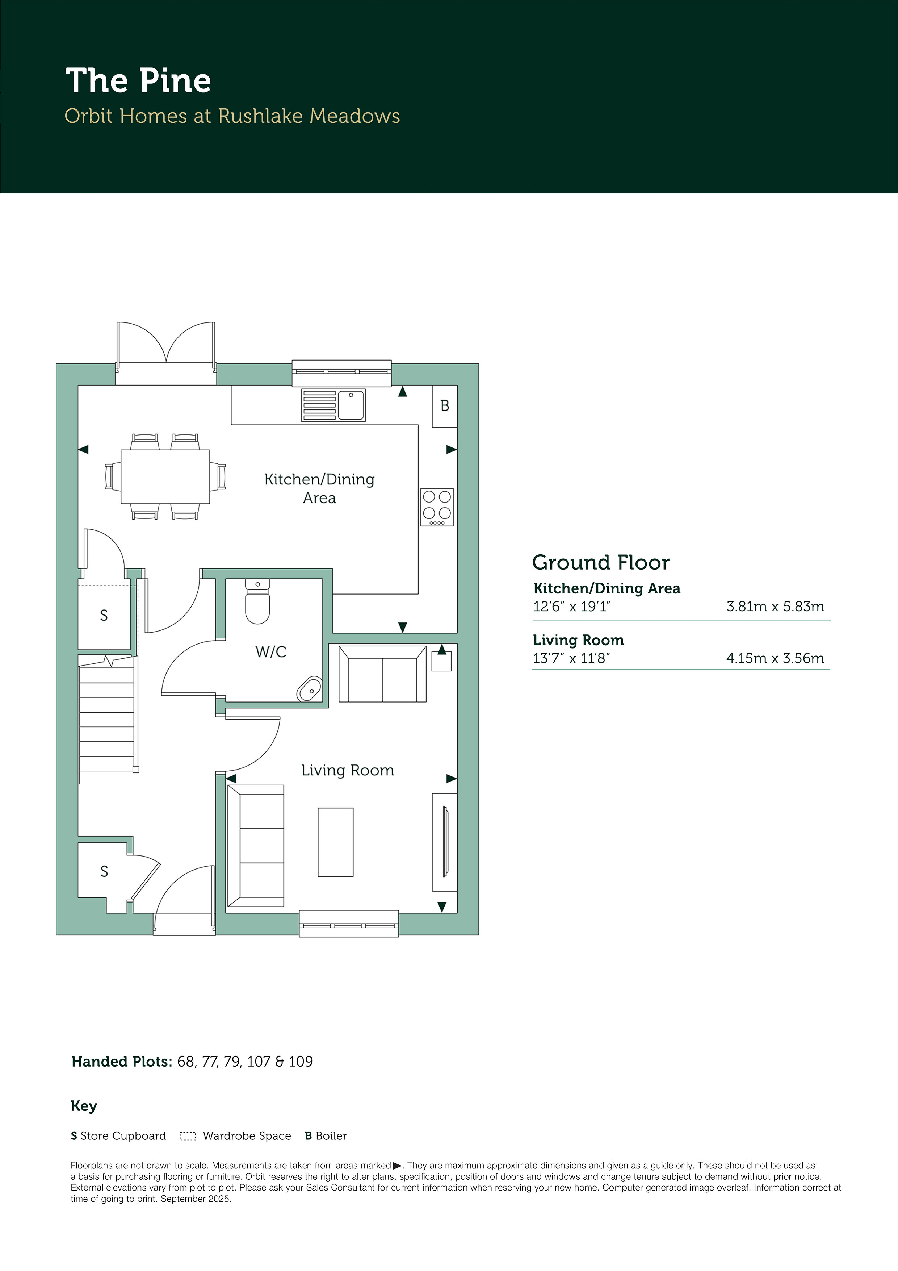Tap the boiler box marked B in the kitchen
click(x=444, y=406)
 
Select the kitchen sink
click(x=333, y=405)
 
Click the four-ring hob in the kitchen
click(x=437, y=507)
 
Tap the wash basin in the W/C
click(x=310, y=689)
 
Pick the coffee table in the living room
click(x=335, y=842)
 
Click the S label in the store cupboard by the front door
click(x=104, y=871)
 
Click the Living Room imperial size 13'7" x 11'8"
click(x=571, y=658)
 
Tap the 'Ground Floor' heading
click(x=601, y=562)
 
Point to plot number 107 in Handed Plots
click(x=259, y=1061)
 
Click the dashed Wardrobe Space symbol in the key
click(x=188, y=1137)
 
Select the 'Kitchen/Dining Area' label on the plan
click(x=319, y=488)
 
